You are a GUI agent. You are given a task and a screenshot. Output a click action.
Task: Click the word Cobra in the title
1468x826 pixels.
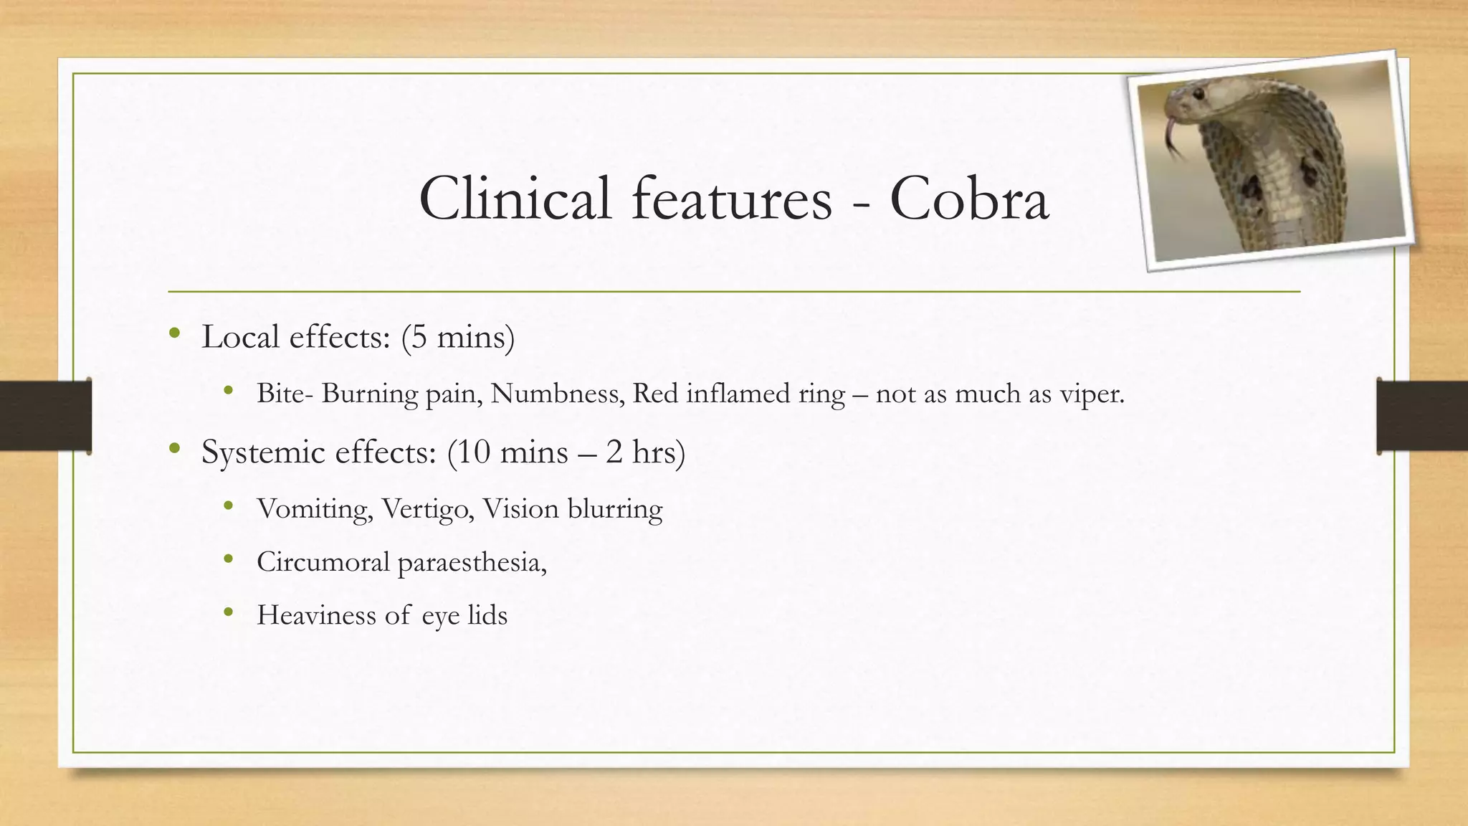(969, 199)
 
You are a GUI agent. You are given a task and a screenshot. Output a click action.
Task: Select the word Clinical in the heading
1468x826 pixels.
(515, 199)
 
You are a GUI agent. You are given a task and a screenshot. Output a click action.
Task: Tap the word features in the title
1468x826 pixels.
(731, 199)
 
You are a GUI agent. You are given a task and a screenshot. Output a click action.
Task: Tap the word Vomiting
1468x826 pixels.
(315, 509)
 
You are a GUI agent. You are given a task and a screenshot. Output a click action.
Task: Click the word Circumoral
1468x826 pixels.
(323, 562)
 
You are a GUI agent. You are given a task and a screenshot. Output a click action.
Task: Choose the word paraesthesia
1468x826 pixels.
(472, 562)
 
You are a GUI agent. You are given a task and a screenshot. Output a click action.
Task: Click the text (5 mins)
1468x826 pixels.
(457, 337)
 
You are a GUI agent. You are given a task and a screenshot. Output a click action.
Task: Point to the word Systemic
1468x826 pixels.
(263, 452)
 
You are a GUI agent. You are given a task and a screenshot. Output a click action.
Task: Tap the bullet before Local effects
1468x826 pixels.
(174, 333)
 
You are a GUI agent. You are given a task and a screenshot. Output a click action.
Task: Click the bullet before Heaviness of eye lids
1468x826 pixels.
(228, 612)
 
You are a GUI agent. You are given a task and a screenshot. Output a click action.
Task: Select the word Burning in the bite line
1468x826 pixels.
(369, 394)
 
